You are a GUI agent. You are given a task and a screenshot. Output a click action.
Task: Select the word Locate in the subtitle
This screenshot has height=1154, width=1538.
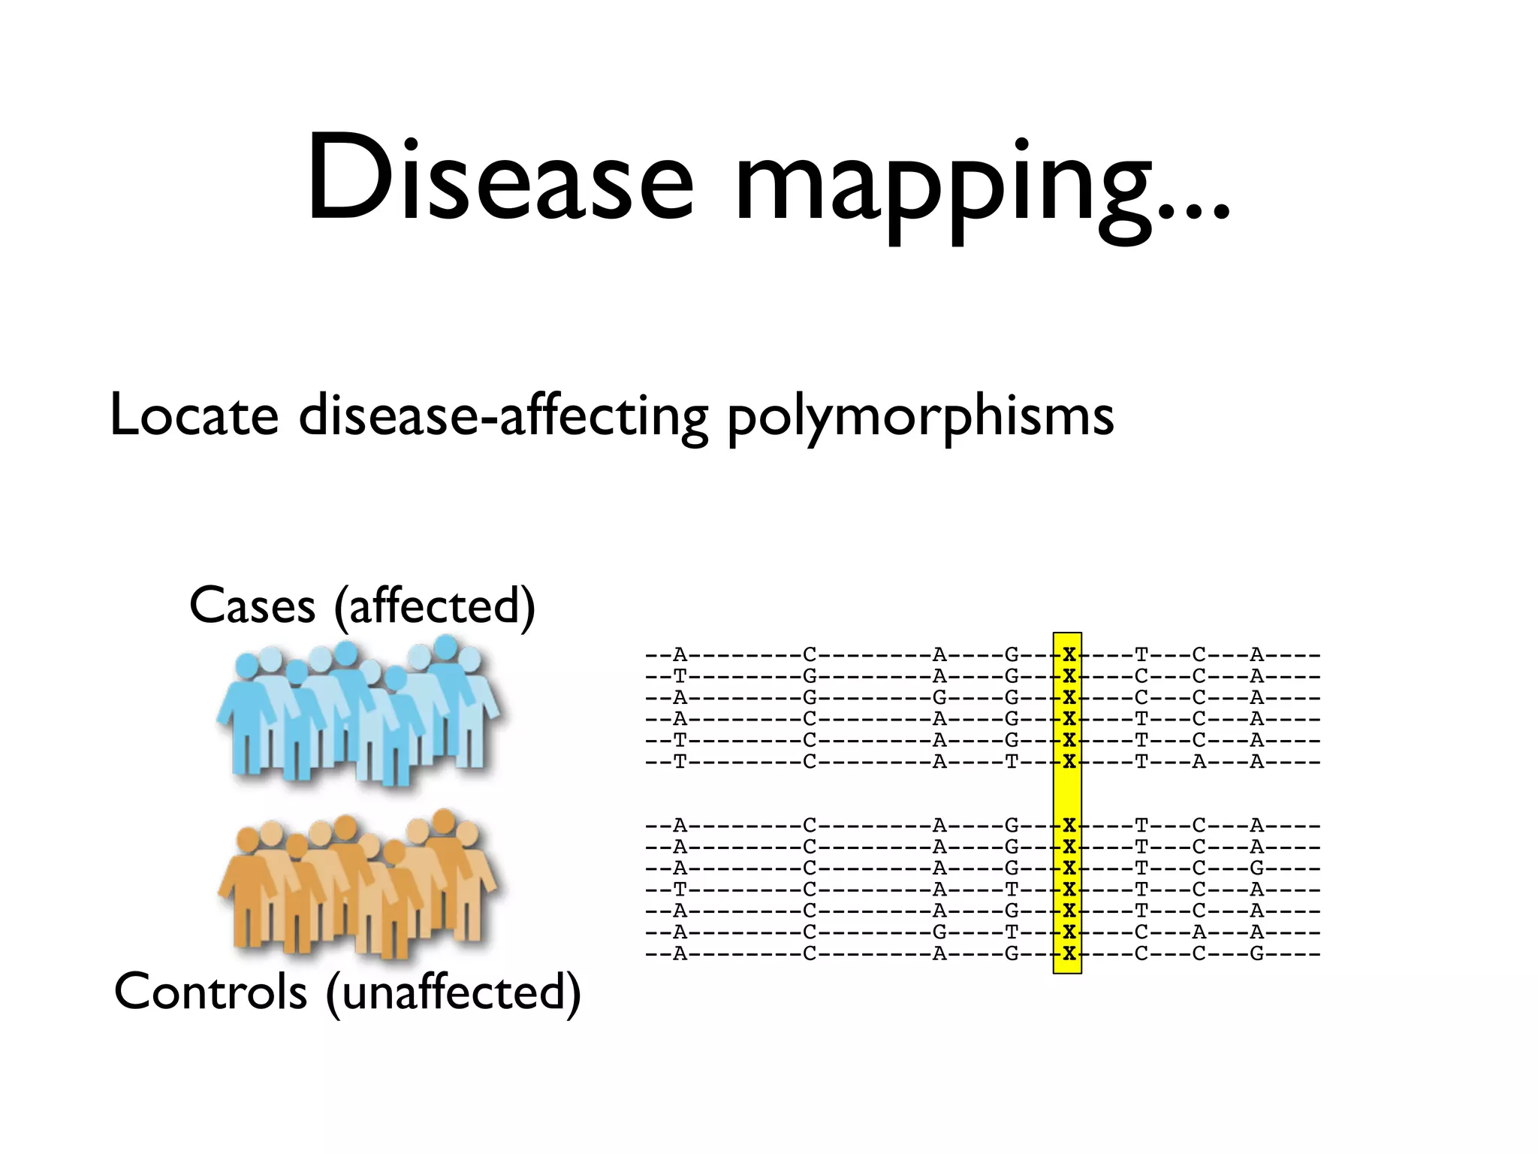pos(194,415)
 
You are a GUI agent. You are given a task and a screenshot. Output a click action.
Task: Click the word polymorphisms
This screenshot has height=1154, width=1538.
pos(920,418)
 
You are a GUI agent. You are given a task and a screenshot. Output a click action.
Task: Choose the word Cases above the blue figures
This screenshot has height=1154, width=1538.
pos(252,606)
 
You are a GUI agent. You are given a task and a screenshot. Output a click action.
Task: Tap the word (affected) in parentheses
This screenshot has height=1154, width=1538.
pos(435,607)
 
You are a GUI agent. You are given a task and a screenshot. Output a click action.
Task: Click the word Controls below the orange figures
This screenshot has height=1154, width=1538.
pos(210,992)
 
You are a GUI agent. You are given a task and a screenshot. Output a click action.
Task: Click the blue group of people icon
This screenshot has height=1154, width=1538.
pos(359,710)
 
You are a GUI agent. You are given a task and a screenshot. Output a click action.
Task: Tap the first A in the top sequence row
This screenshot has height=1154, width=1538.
pos(680,654)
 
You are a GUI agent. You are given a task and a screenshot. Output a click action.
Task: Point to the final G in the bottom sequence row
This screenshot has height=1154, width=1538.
pos(1256,954)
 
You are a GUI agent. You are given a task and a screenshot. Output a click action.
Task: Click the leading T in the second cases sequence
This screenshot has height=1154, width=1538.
pos(680,676)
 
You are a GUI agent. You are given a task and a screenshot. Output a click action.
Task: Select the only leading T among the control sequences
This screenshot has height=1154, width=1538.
pos(680,890)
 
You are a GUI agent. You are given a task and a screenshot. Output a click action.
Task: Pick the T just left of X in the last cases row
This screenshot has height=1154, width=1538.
pos(1012,762)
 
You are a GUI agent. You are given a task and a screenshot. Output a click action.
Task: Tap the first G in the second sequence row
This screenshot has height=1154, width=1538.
pos(810,676)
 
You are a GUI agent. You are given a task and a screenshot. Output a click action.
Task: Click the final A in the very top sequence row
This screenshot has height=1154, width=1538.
pos(1256,654)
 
